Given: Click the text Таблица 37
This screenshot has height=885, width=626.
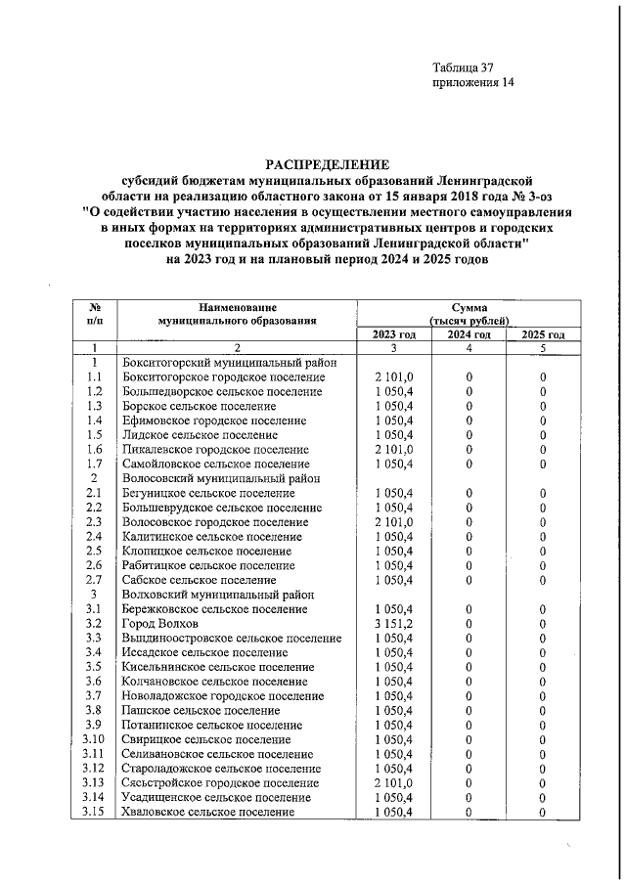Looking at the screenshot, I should [x=464, y=67].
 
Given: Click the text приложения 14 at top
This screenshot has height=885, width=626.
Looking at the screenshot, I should [x=472, y=83].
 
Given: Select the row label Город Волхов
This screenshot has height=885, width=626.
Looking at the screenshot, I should [x=160, y=623].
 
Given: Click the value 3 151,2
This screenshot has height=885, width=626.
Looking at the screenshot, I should [x=394, y=623].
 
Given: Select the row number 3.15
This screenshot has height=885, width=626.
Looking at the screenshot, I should [x=94, y=812].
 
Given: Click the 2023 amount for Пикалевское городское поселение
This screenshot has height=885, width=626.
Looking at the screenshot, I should [x=394, y=449].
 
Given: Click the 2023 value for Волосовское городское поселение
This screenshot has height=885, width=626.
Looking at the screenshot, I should [x=394, y=521].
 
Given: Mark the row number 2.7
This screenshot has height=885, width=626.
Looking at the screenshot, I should [x=94, y=580].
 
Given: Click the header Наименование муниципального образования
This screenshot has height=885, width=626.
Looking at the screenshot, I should [x=236, y=313].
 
